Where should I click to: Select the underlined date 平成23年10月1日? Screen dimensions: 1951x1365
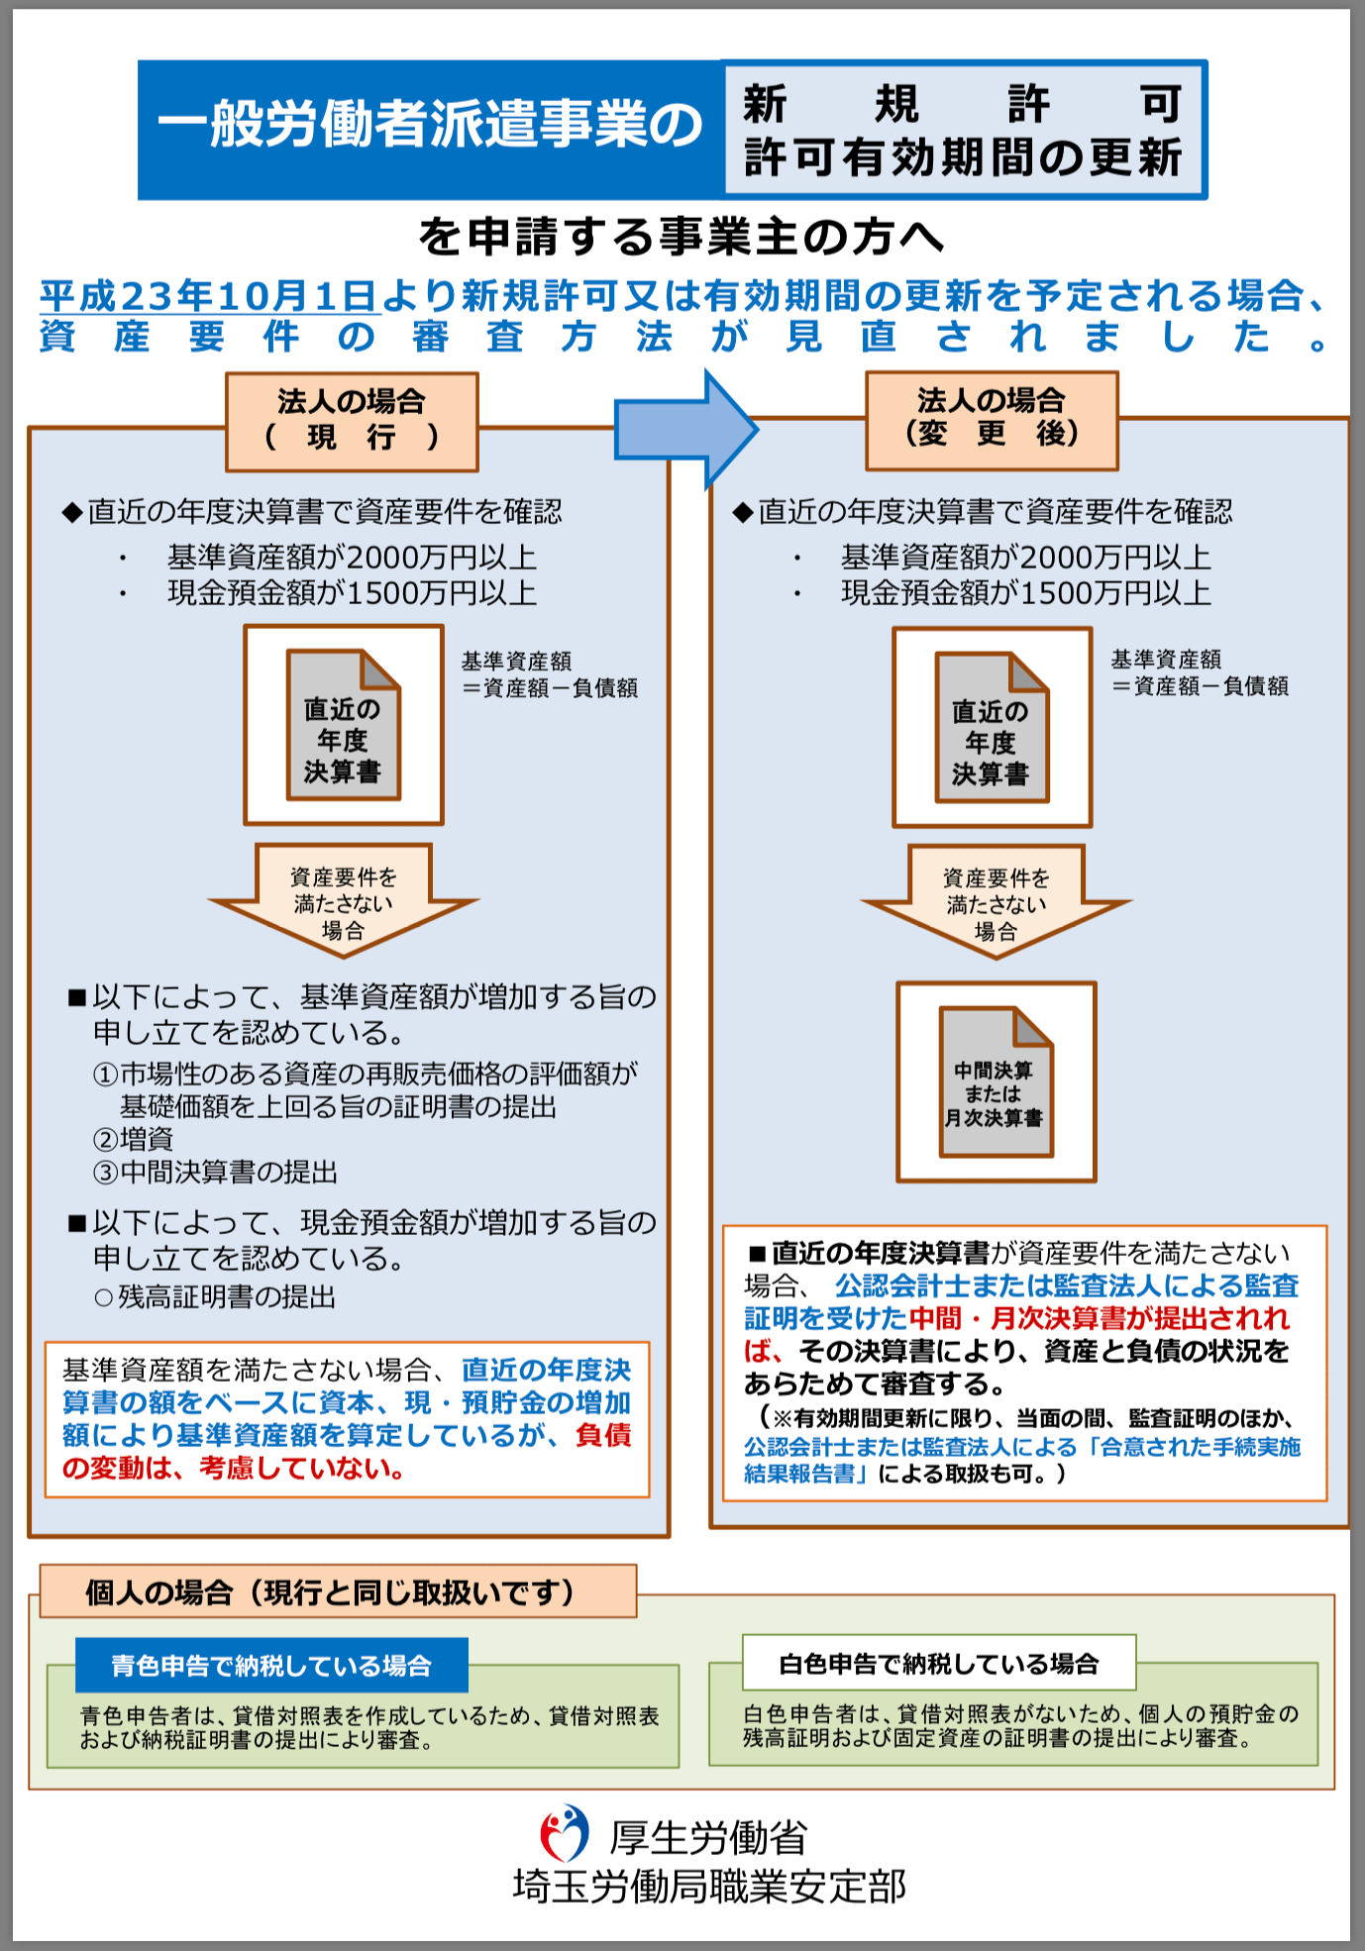pyautogui.click(x=209, y=296)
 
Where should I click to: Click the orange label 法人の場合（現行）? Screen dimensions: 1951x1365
pyautogui.click(x=352, y=421)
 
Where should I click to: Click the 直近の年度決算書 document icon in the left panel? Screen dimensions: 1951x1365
pyautogui.click(x=343, y=725)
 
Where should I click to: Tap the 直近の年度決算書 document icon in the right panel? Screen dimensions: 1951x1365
pyautogui.click(x=992, y=728)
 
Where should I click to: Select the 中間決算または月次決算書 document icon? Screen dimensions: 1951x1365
pyautogui.click(x=996, y=1081)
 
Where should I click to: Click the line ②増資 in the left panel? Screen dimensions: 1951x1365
pyautogui.click(x=134, y=1139)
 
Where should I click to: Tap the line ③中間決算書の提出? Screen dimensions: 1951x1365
pyautogui.click(x=216, y=1173)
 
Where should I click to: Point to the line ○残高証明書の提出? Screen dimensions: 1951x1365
pyautogui.click(x=215, y=1297)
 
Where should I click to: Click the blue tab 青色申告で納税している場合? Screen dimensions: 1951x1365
pyautogui.click(x=271, y=1666)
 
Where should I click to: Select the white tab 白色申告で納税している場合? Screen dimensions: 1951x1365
pyautogui.click(x=938, y=1664)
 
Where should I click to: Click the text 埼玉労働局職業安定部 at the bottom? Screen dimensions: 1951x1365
pyautogui.click(x=709, y=1887)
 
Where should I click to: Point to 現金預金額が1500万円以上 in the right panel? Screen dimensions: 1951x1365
pyautogui.click(x=1026, y=593)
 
